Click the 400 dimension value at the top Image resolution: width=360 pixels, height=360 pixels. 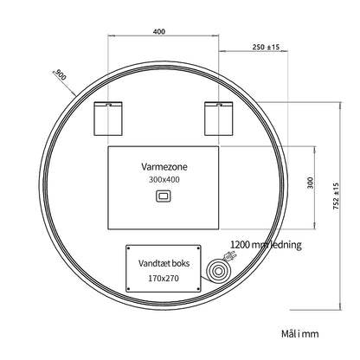(159, 31)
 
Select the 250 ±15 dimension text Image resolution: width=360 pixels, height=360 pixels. (266, 47)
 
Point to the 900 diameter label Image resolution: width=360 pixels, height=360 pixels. (60, 75)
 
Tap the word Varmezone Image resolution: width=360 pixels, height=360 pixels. (164, 166)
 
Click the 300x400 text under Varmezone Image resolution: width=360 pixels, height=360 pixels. (164, 179)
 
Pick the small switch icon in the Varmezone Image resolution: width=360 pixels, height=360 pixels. (164, 196)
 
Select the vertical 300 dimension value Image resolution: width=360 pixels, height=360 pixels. (310, 183)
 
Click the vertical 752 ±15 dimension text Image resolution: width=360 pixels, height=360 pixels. (337, 196)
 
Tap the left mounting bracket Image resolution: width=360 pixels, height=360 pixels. (108, 119)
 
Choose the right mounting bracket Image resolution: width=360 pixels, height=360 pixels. (219, 119)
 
